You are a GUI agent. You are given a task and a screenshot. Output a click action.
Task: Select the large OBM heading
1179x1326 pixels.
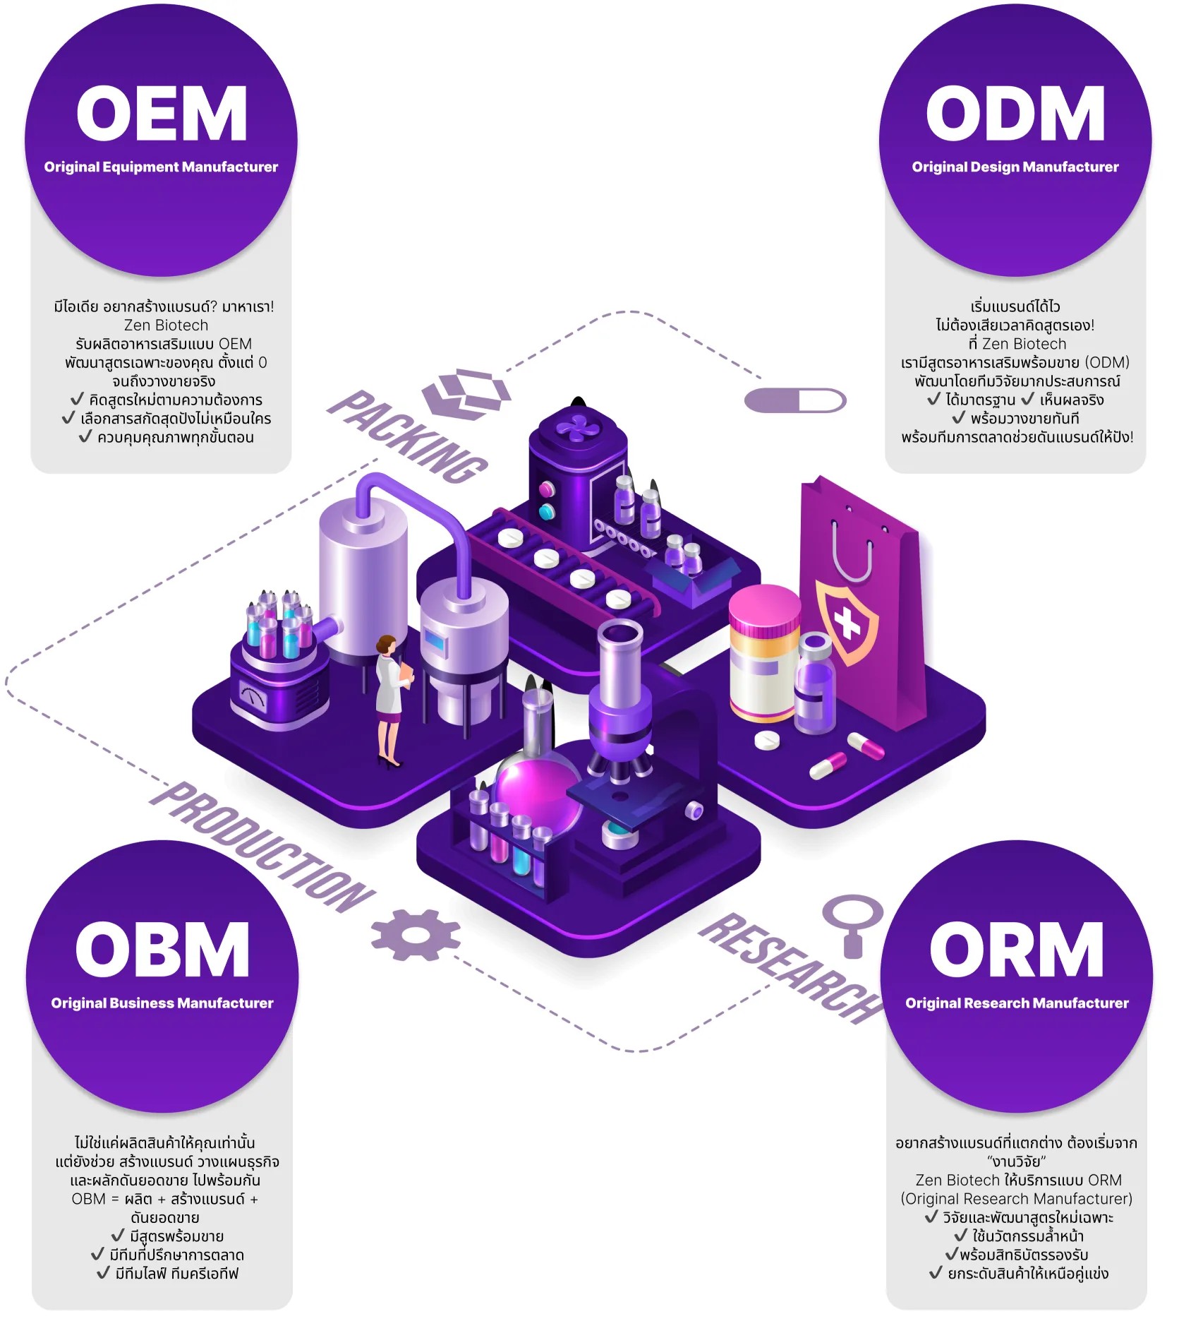[x=162, y=950]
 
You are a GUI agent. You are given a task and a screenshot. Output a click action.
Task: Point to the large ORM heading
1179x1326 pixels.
[x=1016, y=950]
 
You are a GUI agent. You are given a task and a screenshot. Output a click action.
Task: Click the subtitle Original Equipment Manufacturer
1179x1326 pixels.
[x=161, y=167]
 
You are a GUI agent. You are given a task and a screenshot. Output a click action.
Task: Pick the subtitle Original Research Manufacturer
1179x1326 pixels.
[x=1017, y=1003]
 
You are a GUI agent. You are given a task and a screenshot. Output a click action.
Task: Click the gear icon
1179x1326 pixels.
[x=416, y=935]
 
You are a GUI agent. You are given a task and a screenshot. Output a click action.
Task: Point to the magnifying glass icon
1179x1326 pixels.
[x=852, y=922]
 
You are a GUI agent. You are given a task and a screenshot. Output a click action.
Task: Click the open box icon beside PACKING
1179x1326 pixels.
[x=466, y=393]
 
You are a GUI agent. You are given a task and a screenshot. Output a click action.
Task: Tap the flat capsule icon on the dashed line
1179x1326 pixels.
[x=795, y=401]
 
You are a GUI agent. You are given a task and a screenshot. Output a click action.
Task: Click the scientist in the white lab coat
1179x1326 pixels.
[x=390, y=699]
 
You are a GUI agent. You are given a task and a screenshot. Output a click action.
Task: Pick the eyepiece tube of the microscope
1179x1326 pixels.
[x=619, y=657]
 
